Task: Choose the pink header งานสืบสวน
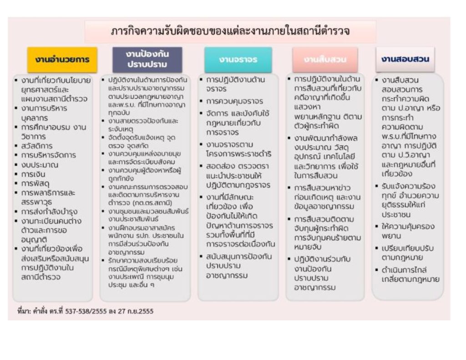325,60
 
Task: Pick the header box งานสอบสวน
405,59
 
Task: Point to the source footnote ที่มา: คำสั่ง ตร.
82,311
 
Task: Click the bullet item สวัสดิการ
37,146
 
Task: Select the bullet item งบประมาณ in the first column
40,165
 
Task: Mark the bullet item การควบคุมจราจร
234,101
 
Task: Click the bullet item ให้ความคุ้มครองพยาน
408,231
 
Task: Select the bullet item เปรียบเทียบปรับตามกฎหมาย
408,253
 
